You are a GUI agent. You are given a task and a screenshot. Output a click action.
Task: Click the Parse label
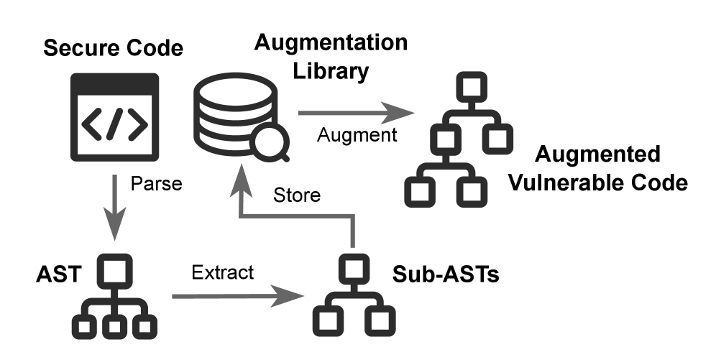(x=156, y=185)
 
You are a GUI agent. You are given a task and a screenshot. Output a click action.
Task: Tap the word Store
(x=296, y=195)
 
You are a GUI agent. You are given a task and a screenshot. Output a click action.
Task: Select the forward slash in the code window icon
(x=114, y=124)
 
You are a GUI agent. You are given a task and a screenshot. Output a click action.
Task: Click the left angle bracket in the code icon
(x=91, y=124)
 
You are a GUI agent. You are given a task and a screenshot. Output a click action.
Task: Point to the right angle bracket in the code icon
(x=137, y=124)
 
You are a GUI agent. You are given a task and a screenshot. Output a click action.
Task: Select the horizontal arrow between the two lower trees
(x=237, y=296)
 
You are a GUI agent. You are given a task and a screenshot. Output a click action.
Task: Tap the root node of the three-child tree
(x=114, y=270)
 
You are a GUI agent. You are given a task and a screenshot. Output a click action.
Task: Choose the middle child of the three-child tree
(x=114, y=328)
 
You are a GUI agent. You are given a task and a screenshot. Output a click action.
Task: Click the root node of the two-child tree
(x=353, y=268)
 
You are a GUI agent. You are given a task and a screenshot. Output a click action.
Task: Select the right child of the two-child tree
(x=380, y=321)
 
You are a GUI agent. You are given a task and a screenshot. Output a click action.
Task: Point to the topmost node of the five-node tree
(x=472, y=86)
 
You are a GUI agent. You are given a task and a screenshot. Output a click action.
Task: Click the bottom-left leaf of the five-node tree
(x=419, y=192)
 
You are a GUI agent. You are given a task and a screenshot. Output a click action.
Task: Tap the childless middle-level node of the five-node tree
(x=497, y=138)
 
